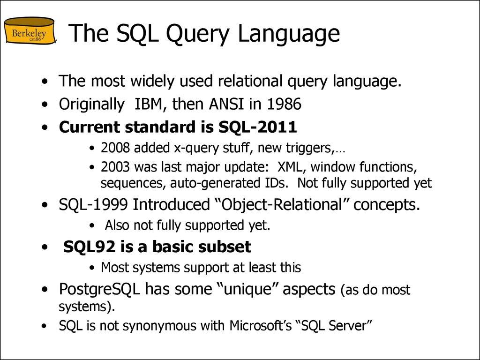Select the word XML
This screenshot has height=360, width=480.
[x=290, y=167]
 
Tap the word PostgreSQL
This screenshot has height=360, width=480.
[x=99, y=289]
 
